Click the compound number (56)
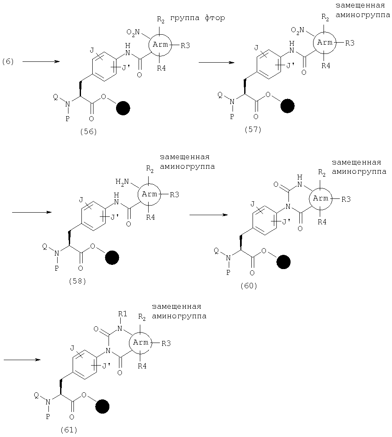coord(88,131)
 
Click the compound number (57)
coord(253,130)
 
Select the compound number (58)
coord(77,281)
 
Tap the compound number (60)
coord(249,286)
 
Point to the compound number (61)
coord(69,430)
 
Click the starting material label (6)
coord(8,61)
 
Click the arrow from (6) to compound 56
coord(41,61)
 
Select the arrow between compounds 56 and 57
coord(216,62)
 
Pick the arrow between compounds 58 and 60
coord(209,215)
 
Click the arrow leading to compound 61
coord(22,360)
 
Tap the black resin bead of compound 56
coord(123,108)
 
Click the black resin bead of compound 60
coord(283,262)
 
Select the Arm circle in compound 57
coord(325,43)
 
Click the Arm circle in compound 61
coord(141,343)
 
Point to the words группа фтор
coord(197,18)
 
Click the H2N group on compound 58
coord(122,182)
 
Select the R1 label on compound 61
coord(122,314)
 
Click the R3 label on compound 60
coord(346,199)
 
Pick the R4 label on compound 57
coord(326,66)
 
